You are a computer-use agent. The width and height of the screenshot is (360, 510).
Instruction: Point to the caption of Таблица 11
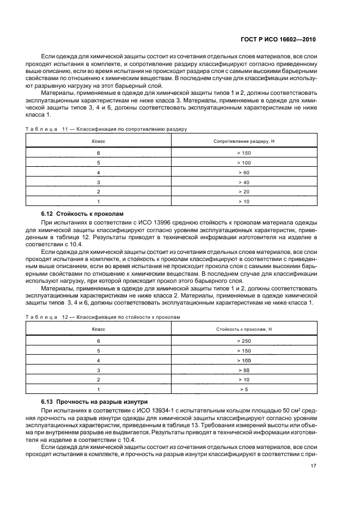coord(107,130)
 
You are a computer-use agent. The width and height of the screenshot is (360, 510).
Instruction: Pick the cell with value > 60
coord(243,172)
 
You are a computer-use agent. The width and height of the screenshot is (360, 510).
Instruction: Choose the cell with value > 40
coord(243,182)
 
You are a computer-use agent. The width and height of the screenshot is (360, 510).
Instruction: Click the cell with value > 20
coord(243,192)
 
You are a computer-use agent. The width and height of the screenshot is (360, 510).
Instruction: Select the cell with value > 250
coord(243,341)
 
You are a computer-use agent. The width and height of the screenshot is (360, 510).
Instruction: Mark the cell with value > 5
coord(243,390)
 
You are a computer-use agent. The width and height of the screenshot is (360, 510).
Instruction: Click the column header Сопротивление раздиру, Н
coord(243,141)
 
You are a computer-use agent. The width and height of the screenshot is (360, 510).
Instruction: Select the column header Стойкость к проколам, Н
coord(243,329)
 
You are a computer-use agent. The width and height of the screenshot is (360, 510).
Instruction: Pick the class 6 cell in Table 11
coord(99,153)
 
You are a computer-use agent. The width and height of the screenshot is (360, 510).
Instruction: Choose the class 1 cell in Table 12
coord(99,390)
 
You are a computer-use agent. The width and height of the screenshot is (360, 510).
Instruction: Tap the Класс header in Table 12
coord(99,329)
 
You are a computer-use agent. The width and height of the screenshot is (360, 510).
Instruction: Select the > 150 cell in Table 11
coord(243,153)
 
